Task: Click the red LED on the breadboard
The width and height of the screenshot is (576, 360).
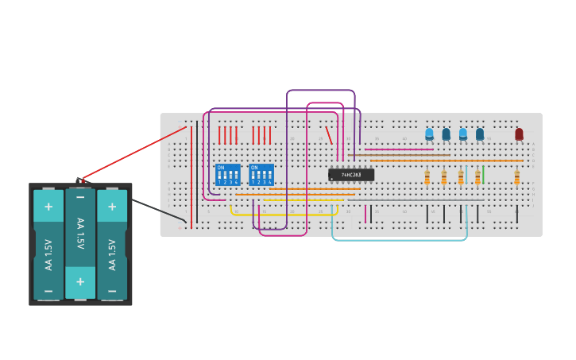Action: click(x=519, y=134)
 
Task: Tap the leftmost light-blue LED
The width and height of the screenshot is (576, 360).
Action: click(x=429, y=134)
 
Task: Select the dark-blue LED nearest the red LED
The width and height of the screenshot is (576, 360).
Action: click(x=480, y=134)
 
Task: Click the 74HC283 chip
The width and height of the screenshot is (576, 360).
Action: click(x=350, y=175)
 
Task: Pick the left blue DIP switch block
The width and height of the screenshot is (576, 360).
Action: click(x=228, y=175)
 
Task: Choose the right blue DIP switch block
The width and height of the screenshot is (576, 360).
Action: click(x=261, y=175)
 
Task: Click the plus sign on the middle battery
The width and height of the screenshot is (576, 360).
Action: click(x=80, y=281)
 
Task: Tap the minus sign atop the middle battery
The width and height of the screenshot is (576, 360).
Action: click(x=80, y=197)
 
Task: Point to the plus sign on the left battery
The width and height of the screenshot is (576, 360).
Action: click(x=48, y=207)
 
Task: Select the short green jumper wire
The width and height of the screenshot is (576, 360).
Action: click(x=483, y=174)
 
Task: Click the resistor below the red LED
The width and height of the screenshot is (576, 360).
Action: click(x=516, y=176)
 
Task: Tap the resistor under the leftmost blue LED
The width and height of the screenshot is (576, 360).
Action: click(x=427, y=176)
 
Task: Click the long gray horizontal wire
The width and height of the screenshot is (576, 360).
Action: click(x=413, y=199)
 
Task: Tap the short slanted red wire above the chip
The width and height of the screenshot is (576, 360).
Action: click(x=328, y=134)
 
